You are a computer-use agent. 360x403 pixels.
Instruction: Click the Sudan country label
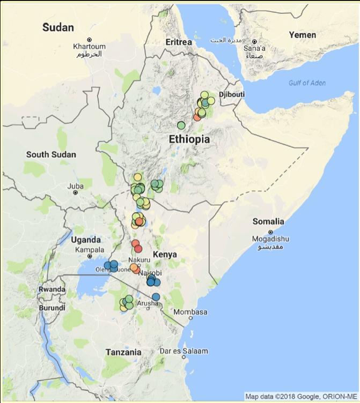pyautogui.click(x=58, y=27)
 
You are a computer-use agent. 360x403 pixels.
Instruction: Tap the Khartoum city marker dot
pyautogui.click(x=90, y=40)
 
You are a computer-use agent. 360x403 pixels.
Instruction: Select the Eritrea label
pyautogui.click(x=179, y=42)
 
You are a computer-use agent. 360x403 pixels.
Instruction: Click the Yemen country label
pyautogui.click(x=303, y=34)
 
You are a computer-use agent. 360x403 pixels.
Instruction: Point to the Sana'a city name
pyautogui.click(x=254, y=48)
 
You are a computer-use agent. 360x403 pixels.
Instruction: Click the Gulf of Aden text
pyautogui.click(x=307, y=83)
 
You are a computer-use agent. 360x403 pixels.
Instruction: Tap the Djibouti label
pyautogui.click(x=232, y=94)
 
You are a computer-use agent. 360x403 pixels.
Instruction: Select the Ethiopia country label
pyautogui.click(x=189, y=139)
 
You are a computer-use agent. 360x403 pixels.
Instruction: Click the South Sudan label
pyautogui.click(x=51, y=154)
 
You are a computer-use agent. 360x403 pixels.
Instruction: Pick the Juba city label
pyautogui.click(x=75, y=186)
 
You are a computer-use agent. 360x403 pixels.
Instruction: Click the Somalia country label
pyautogui.click(x=268, y=221)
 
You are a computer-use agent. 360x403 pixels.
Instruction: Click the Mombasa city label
pyautogui.click(x=190, y=312)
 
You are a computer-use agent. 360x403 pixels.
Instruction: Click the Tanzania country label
pyautogui.click(x=123, y=352)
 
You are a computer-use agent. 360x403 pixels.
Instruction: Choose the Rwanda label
pyautogui.click(x=52, y=289)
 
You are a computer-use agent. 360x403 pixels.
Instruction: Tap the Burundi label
pyautogui.click(x=52, y=308)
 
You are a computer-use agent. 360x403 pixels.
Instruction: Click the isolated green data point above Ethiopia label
pyautogui.click(x=181, y=125)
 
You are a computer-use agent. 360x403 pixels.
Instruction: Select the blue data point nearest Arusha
pyautogui.click(x=156, y=297)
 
